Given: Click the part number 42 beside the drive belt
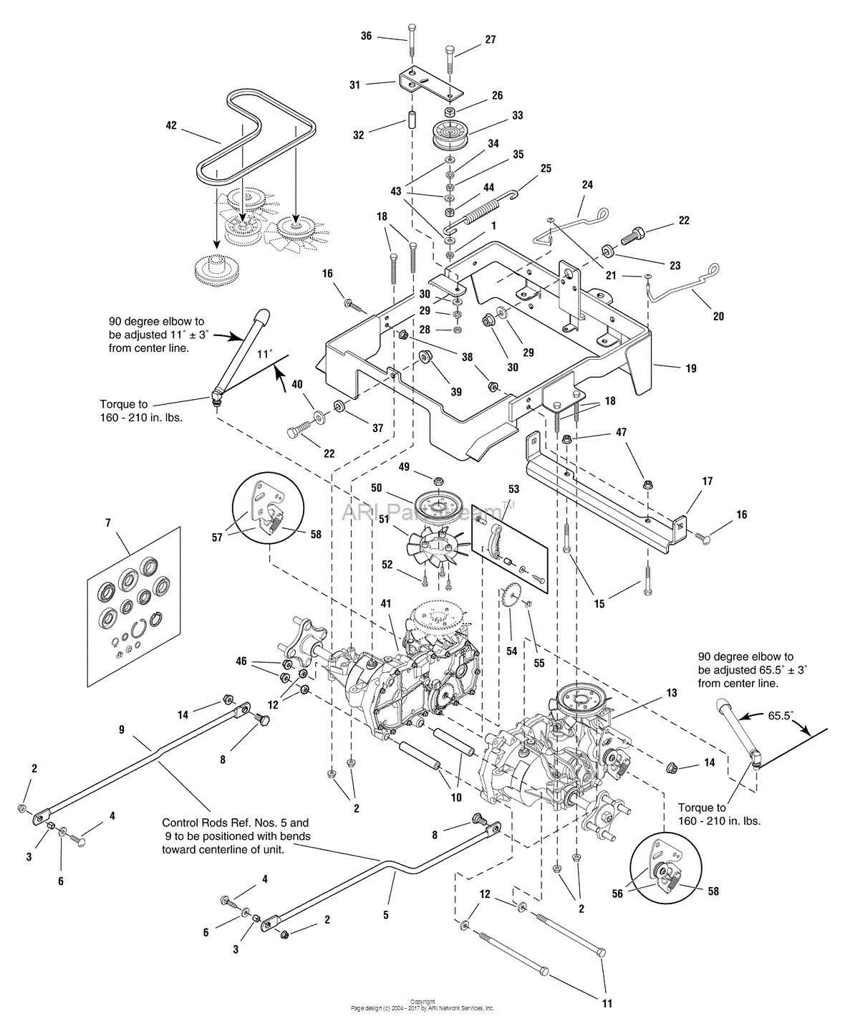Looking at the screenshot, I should pyautogui.click(x=170, y=125).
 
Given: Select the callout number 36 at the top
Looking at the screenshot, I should pyautogui.click(x=366, y=36).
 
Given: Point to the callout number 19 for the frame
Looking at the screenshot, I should pyautogui.click(x=690, y=368).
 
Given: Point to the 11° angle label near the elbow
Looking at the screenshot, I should pyautogui.click(x=265, y=354).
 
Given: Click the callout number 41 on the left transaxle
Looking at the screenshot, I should pyautogui.click(x=387, y=604).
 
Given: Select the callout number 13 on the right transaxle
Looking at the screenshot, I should pyautogui.click(x=671, y=693).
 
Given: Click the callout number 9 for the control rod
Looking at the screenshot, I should pyautogui.click(x=121, y=729).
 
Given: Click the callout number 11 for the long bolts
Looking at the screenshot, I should pyautogui.click(x=607, y=1004).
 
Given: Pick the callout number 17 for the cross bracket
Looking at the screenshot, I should pyautogui.click(x=707, y=482).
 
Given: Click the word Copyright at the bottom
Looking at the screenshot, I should pyautogui.click(x=422, y=1002).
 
